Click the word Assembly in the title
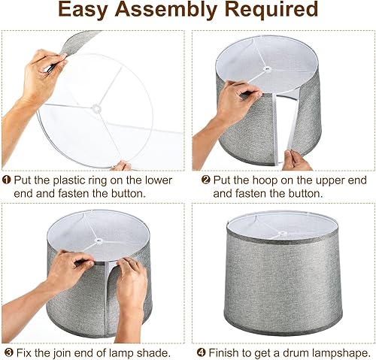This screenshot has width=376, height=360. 183,11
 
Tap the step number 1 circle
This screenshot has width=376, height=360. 7,180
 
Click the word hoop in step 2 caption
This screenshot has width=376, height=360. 262,180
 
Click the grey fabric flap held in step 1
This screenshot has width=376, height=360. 80,41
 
